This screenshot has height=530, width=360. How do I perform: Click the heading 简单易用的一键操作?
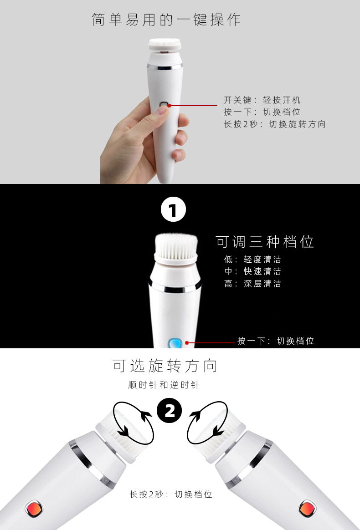(166, 20)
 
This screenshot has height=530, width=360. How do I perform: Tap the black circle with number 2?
(170, 412)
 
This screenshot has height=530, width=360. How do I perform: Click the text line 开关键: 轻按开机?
(262, 100)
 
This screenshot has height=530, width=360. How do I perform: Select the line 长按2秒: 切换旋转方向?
(274, 124)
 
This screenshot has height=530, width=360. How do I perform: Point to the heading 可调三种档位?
(265, 242)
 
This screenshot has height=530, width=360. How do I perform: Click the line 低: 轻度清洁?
(252, 260)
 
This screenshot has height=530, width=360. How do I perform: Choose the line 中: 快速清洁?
(252, 271)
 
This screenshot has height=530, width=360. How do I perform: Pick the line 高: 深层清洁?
(252, 284)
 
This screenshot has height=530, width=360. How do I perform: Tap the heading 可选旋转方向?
(165, 366)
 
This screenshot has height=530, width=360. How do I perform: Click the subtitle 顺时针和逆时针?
(164, 385)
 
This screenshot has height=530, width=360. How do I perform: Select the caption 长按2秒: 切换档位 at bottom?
(171, 494)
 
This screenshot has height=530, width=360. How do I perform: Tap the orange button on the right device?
(305, 507)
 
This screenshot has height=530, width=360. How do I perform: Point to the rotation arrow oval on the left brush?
(134, 423)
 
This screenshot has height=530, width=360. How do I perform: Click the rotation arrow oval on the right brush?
(207, 422)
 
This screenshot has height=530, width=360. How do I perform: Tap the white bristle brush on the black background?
(175, 250)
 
